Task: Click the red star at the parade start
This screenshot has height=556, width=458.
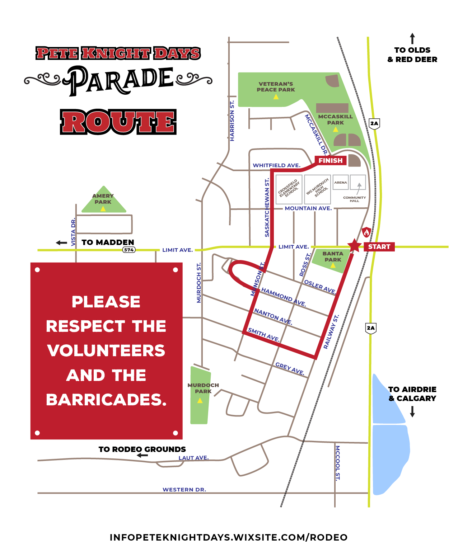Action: coord(354,245)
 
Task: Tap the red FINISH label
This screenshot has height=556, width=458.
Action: coord(331,160)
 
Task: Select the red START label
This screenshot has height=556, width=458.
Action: coord(379,247)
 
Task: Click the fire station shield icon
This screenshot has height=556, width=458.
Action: coord(366,232)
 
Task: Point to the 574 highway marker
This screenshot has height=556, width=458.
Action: coord(129,250)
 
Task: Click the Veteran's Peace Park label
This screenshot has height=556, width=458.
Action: coord(276,87)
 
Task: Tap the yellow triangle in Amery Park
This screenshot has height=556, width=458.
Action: coord(103,209)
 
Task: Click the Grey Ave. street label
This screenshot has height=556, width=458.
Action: coord(290,368)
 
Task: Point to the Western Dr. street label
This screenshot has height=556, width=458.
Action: coord(184,490)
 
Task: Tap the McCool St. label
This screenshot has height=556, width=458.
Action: coord(337,463)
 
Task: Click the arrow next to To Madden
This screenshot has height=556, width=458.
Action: coord(62,243)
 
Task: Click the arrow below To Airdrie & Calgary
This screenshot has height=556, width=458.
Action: coord(412,411)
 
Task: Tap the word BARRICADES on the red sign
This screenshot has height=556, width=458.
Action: coord(106,400)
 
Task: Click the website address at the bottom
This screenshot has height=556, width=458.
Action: coord(229,537)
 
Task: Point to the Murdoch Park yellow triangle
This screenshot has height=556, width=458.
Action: coord(200,400)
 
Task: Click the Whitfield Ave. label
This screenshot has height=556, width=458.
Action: coord(276,165)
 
